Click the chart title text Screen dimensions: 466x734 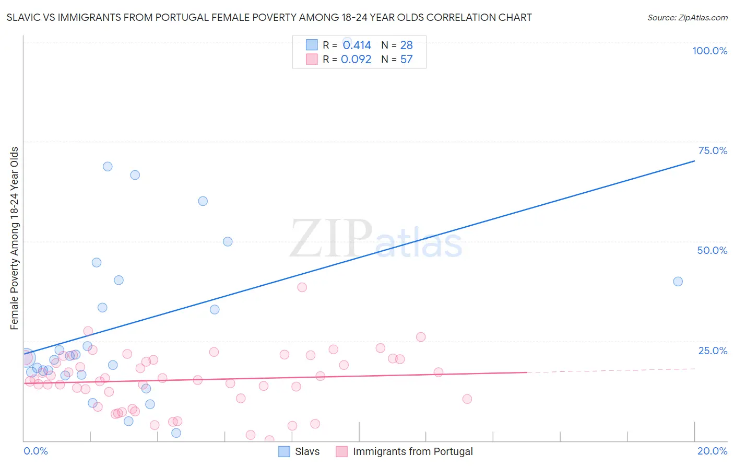point(269,17)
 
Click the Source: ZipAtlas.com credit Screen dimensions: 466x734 point(687,17)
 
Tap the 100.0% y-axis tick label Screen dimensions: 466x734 point(709,51)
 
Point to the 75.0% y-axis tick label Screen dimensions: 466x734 point(713,150)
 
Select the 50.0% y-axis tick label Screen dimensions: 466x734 point(712,250)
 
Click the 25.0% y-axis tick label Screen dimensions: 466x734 point(713,351)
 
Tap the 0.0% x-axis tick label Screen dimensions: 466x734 point(35,451)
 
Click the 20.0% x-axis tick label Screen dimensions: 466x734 point(712,451)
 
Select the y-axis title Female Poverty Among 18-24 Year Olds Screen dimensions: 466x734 point(15,238)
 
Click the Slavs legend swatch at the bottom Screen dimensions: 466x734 point(284,451)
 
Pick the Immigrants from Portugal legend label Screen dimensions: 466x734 point(412,451)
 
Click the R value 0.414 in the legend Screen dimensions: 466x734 point(357,45)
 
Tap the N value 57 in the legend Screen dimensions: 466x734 point(406,60)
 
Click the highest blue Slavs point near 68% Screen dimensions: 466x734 point(108,167)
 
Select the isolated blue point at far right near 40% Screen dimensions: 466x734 point(678,282)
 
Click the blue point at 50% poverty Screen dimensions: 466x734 point(228,241)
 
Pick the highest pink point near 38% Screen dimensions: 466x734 point(302,287)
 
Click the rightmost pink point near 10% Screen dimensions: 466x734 point(467,399)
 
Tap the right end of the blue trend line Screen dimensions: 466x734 point(694,161)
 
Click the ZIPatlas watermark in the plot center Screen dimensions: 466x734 point(376,239)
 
